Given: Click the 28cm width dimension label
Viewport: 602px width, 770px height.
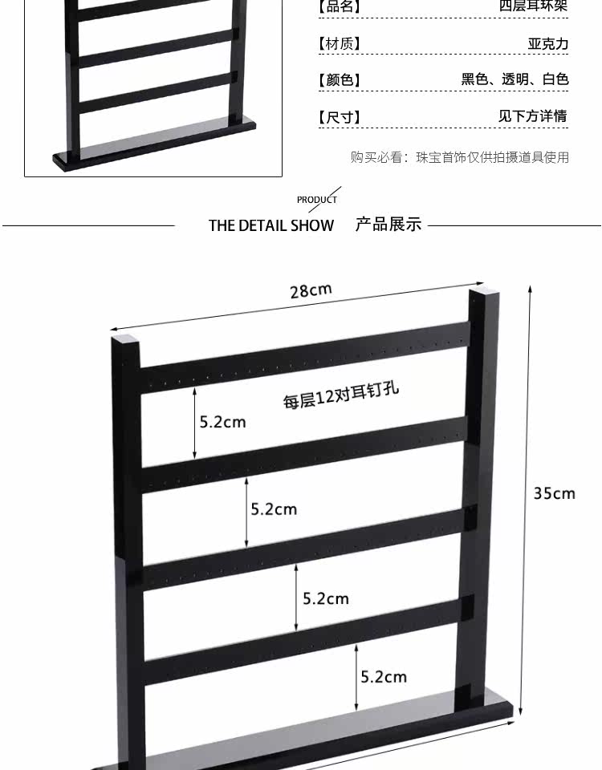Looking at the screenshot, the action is [311, 290].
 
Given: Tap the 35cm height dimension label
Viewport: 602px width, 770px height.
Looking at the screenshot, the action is [555, 492].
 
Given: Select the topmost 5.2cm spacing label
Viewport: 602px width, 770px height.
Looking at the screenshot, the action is [222, 422].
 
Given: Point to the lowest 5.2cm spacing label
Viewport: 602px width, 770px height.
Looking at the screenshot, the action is [384, 677].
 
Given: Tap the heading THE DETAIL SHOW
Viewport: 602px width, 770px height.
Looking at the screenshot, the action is [270, 225].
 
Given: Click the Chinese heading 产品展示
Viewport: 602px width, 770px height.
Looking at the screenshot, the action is [388, 225].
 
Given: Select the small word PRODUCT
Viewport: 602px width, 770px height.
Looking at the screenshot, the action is [316, 200].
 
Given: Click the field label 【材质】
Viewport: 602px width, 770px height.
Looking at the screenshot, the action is [340, 43].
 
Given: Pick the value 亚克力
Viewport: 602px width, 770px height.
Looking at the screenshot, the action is [547, 43].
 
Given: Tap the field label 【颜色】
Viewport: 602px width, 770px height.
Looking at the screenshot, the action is [340, 80].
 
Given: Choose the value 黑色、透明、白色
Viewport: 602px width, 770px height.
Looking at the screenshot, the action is [515, 79].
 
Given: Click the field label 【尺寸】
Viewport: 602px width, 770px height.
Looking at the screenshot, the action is [340, 117].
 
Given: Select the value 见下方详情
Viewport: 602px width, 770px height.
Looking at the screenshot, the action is [532, 116].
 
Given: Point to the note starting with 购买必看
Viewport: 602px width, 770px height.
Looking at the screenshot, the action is [459, 157].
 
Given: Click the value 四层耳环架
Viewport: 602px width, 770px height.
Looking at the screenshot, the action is [533, 6].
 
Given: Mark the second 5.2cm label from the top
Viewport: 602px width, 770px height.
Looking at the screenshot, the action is [274, 509].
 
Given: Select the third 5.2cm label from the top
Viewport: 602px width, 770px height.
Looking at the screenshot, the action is [326, 598].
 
